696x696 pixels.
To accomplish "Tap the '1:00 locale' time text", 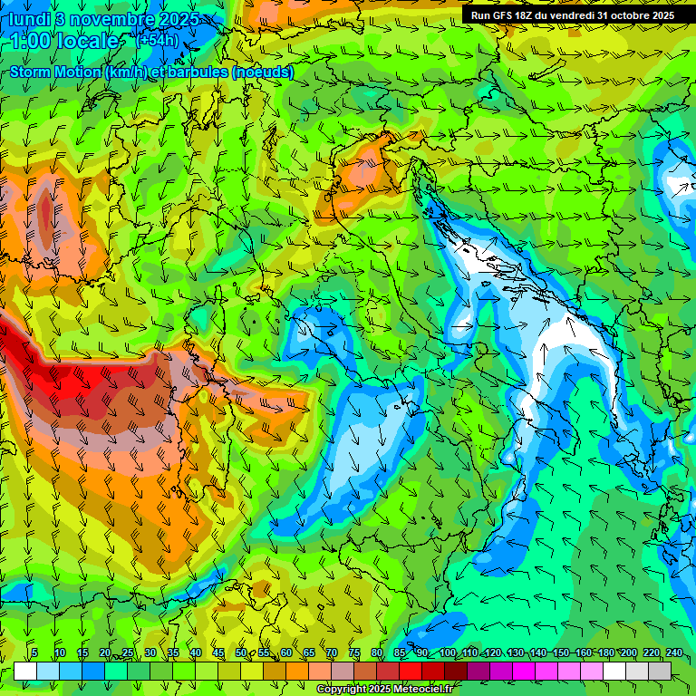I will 64,41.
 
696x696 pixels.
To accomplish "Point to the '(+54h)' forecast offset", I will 157,40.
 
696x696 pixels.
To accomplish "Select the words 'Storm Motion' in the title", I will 54,72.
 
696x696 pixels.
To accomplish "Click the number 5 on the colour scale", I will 34,652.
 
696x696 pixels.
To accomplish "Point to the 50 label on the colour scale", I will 240,652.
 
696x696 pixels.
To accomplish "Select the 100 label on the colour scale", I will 448,652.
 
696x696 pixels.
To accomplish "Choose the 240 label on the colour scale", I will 674,652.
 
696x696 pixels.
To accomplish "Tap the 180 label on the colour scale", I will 606,652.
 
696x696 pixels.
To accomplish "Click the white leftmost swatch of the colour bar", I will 24,671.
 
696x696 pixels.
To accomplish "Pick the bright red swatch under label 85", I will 411,671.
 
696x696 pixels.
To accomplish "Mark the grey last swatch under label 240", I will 660,671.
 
